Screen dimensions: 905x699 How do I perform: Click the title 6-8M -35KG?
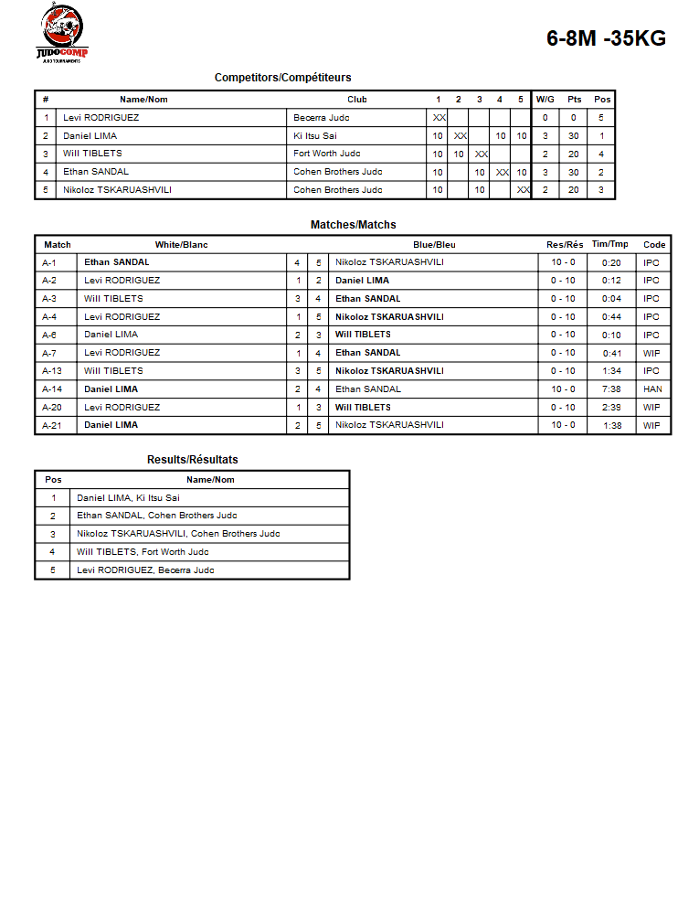coord(606,38)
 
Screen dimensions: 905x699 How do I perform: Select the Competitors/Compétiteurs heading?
coord(282,78)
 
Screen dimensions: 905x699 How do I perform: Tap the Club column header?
coord(357,100)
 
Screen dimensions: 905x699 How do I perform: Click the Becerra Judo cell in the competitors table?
coord(322,118)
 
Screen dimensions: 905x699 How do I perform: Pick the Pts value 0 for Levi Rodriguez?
coord(574,118)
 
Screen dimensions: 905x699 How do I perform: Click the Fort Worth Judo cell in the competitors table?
coord(327,154)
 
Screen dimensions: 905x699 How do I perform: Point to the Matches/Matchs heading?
coord(353,225)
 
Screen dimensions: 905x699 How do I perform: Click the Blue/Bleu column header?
coord(434,245)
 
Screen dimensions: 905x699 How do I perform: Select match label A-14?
coord(52,389)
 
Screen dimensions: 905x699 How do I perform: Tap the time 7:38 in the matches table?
coord(611,389)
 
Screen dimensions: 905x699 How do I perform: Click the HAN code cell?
coord(652,389)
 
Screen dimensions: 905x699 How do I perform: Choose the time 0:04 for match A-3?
coord(611,299)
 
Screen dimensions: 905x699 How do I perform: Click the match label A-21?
coord(52,425)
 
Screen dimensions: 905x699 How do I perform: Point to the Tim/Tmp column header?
coord(610,244)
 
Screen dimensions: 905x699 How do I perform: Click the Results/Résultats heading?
coord(192,460)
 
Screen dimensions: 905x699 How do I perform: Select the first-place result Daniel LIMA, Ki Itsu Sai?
coord(128,498)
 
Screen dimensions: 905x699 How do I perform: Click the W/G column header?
coord(545,100)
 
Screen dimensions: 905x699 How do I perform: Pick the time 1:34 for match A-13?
coord(611,371)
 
